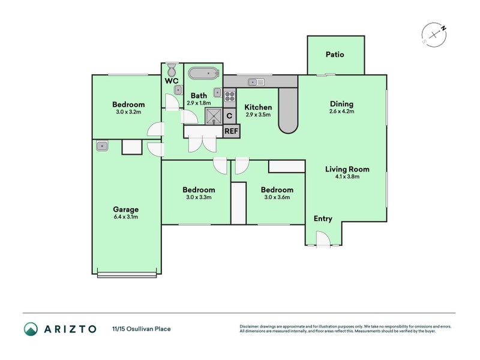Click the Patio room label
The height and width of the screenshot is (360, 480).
[335, 55]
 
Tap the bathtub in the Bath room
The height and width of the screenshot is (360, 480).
[202, 74]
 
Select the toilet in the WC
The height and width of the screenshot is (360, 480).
[171, 68]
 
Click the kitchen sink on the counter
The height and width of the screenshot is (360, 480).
[257, 82]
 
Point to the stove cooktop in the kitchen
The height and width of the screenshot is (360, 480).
[229, 95]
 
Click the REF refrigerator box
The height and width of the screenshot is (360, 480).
[230, 131]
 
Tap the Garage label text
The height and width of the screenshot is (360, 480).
[125, 209]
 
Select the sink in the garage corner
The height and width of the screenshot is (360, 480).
[101, 146]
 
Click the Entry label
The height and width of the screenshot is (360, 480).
[323, 219]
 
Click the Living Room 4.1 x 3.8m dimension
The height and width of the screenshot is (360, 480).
[348, 177]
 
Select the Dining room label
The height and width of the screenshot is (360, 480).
[341, 104]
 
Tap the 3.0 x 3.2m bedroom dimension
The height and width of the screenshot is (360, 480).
[128, 112]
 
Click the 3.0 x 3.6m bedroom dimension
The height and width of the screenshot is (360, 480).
[277, 197]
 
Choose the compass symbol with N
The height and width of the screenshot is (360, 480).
[434, 34]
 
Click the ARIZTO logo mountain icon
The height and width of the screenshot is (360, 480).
[31, 328]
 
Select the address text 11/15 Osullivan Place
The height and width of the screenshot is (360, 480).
[141, 329]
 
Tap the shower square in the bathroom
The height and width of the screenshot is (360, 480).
[213, 115]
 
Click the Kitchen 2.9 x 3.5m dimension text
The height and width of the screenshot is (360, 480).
[258, 115]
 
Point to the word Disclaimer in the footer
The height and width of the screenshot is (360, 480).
[251, 326]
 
